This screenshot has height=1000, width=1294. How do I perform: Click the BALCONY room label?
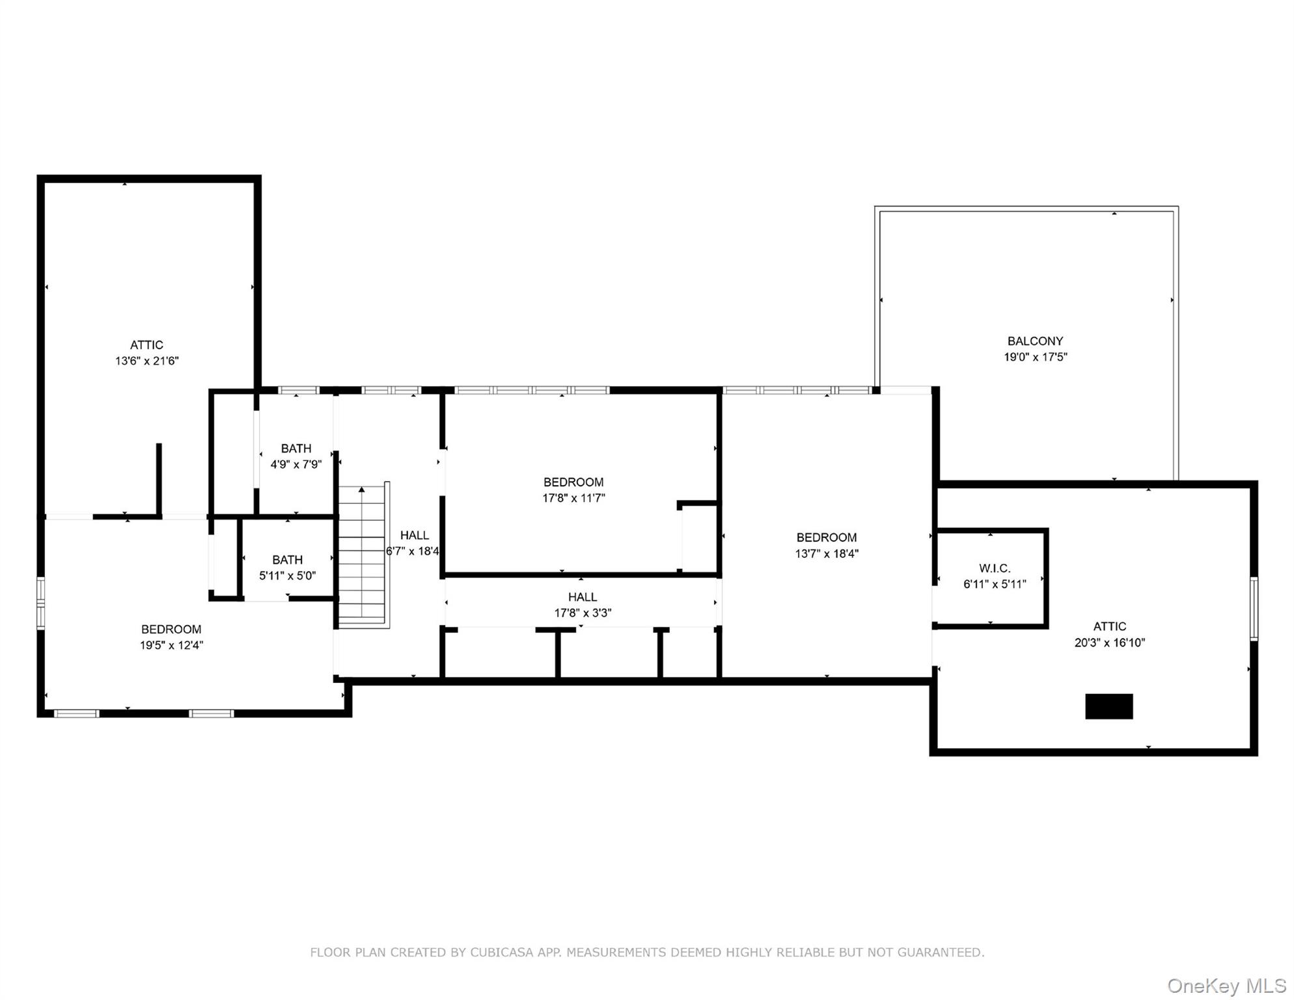(1035, 341)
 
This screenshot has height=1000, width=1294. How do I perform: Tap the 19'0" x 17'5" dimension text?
(1035, 357)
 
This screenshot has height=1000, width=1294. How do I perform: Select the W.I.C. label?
(995, 568)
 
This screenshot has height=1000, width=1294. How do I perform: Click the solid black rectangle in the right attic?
(1108, 706)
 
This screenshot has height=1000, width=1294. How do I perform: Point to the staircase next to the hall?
(362, 557)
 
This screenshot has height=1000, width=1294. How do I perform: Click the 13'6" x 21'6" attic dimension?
(146, 361)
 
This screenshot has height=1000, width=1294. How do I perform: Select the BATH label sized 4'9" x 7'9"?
(296, 449)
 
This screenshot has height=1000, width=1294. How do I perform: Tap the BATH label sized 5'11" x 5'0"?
(287, 560)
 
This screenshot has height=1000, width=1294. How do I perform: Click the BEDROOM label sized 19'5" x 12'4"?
(171, 630)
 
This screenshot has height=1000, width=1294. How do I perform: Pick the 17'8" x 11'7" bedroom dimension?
(573, 498)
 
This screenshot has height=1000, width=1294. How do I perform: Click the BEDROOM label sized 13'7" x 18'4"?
(826, 538)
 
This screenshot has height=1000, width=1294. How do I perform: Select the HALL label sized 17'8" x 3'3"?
(582, 597)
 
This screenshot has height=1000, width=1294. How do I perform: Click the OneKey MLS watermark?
(1226, 986)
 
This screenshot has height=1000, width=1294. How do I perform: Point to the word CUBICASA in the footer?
(502, 952)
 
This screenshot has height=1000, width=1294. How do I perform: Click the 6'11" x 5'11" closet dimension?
(995, 584)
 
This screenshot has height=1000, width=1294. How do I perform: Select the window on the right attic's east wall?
(1254, 608)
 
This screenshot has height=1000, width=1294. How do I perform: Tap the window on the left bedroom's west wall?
(40, 603)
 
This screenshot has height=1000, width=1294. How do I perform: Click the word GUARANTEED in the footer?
(940, 952)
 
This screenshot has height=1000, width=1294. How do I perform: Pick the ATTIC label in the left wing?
(146, 345)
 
